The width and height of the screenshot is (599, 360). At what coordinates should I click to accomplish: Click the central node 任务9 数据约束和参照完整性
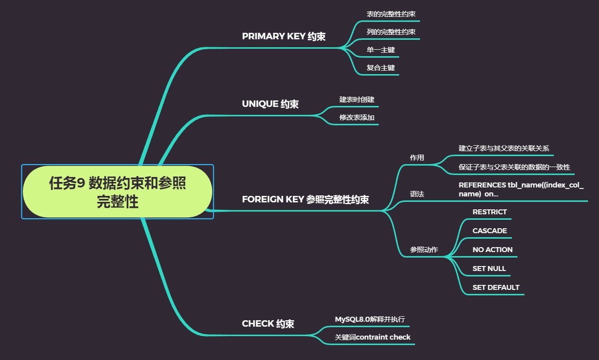(x=117, y=192)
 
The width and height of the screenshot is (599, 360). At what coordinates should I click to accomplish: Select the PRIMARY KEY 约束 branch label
(x=283, y=36)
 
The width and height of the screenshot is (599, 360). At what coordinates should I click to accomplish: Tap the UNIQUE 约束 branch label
(x=270, y=104)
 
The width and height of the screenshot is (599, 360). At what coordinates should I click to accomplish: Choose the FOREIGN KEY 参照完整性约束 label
(x=305, y=199)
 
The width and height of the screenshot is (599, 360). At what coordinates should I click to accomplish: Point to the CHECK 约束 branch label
(x=268, y=324)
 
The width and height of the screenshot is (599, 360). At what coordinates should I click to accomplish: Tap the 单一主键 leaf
(x=380, y=50)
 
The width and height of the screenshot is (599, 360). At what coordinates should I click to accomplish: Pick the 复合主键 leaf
(x=380, y=68)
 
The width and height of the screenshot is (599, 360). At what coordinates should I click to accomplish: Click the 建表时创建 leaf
(x=356, y=99)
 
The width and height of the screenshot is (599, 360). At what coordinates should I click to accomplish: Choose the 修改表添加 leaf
(x=356, y=117)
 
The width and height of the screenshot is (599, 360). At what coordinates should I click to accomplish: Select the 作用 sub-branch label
(x=417, y=158)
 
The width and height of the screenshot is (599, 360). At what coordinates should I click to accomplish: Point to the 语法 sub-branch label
(x=417, y=194)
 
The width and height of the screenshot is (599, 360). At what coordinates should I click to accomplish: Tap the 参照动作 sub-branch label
(x=424, y=250)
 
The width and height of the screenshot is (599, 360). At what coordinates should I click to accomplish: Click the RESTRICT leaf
(x=489, y=212)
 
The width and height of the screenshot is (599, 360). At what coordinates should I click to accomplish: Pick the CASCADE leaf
(x=489, y=231)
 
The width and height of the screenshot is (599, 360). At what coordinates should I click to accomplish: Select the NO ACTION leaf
(x=492, y=250)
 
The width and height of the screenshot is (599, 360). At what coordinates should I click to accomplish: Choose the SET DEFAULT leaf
(x=496, y=287)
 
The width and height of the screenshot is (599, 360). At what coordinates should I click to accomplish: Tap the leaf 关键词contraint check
(x=372, y=337)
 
